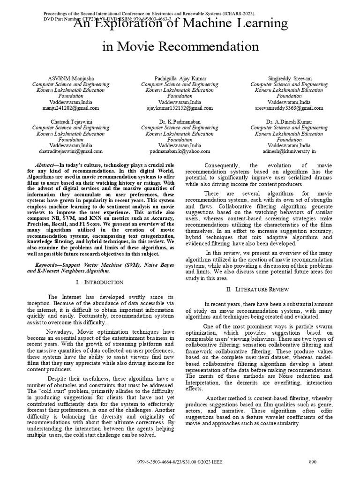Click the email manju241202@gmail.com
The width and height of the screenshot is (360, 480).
click(x=73, y=108)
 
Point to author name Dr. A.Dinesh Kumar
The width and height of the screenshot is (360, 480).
click(x=289, y=121)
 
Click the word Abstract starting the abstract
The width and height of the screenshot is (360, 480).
click(x=45, y=166)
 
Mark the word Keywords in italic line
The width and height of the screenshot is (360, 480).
click(x=48, y=265)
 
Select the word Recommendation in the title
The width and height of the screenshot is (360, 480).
click(x=207, y=46)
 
